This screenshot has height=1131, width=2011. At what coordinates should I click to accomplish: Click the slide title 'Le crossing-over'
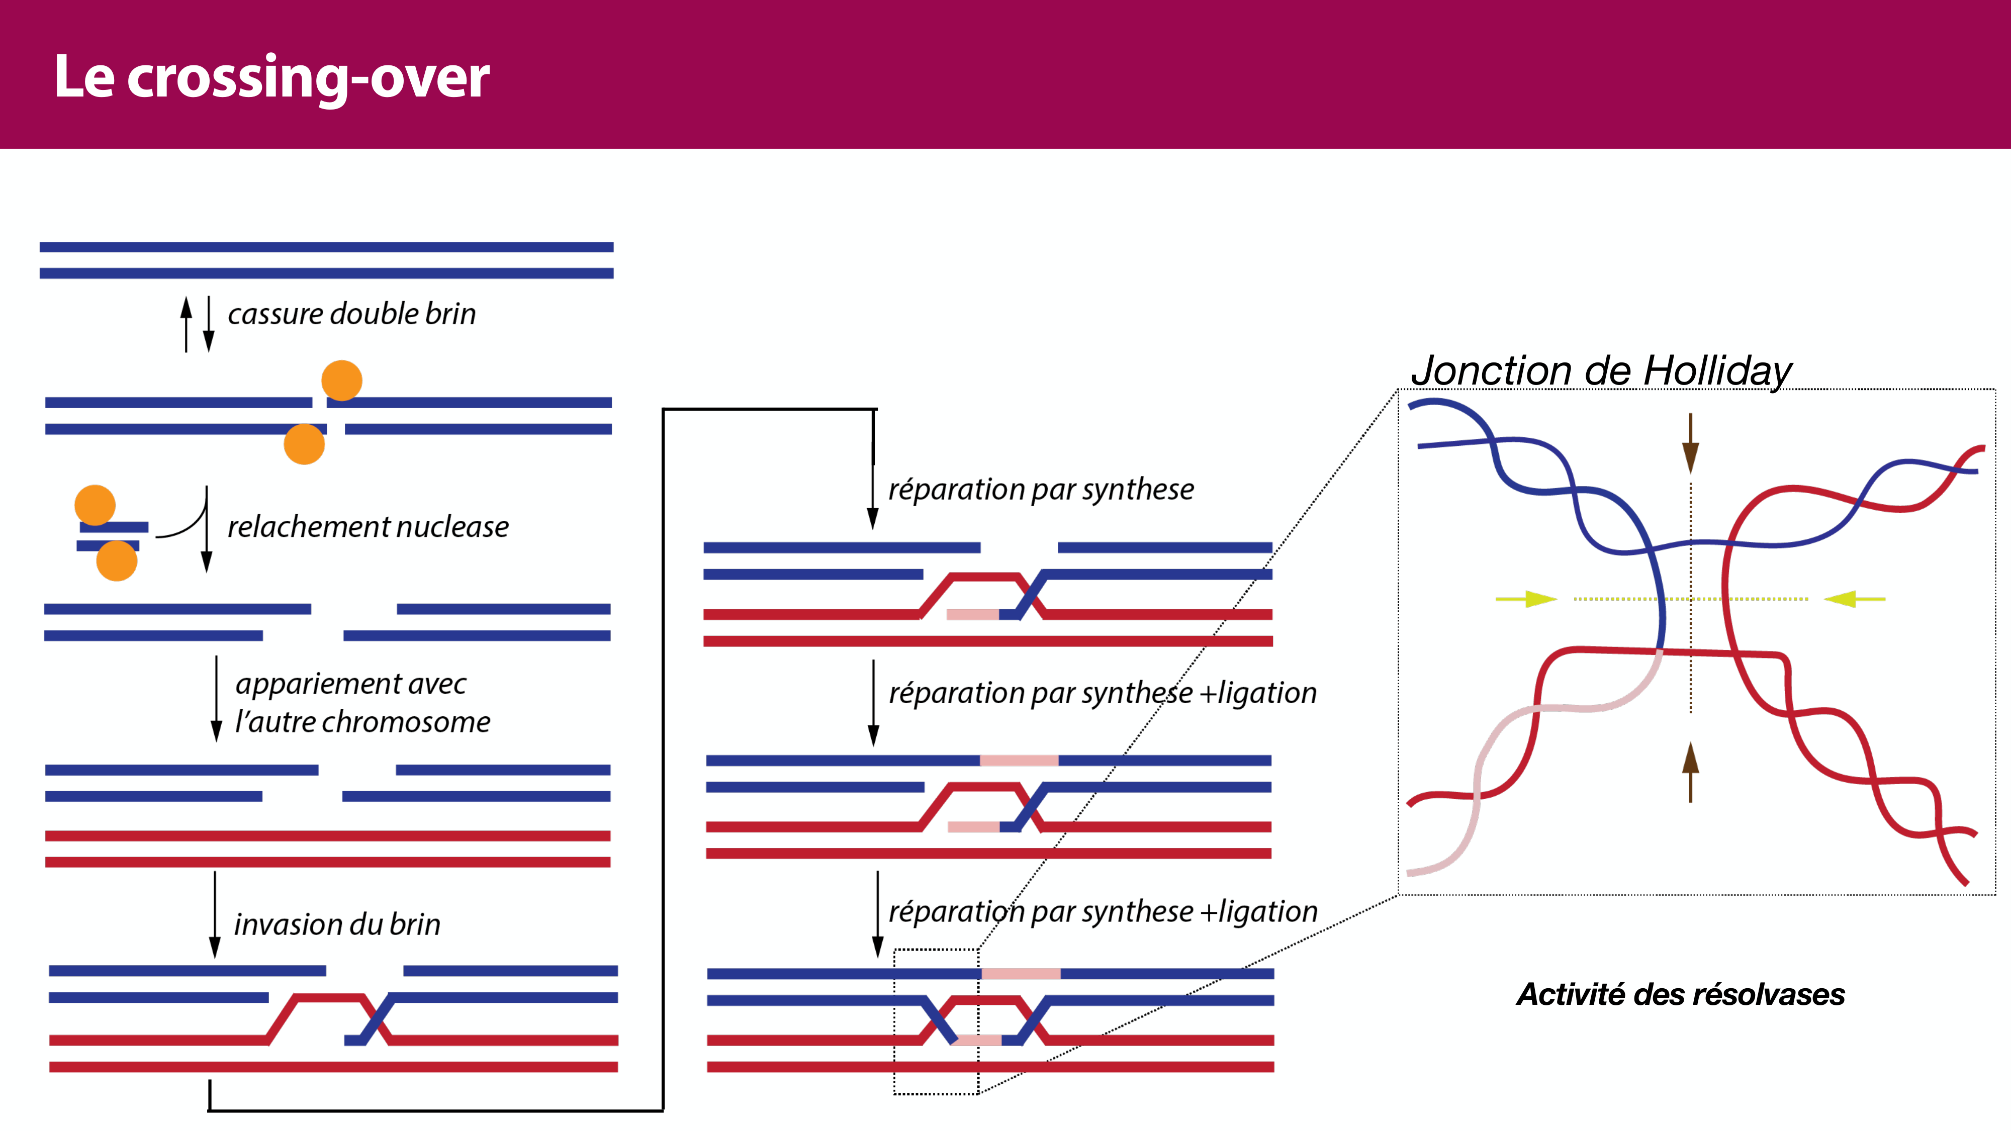[x=271, y=77]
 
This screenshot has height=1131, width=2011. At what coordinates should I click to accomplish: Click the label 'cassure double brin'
[x=351, y=314]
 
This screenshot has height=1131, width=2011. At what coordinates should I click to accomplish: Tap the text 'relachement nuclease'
[x=368, y=527]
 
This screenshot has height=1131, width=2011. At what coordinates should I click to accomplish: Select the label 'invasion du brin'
[x=337, y=924]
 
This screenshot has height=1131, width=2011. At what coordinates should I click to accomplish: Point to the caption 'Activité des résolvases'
[x=1680, y=994]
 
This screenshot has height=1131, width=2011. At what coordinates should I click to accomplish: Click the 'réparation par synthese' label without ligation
[x=1041, y=490]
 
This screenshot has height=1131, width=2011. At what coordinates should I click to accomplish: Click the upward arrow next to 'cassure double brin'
[x=186, y=323]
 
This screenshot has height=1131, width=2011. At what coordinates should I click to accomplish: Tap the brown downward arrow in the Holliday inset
[x=1690, y=443]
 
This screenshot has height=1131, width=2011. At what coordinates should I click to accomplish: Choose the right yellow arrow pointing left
[x=1855, y=599]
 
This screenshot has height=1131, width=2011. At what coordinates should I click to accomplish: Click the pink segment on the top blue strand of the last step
[x=1021, y=973]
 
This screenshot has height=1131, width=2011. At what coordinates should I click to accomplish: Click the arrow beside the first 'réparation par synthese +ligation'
[x=874, y=703]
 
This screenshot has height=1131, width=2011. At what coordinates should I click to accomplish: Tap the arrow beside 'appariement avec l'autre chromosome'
[x=216, y=699]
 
